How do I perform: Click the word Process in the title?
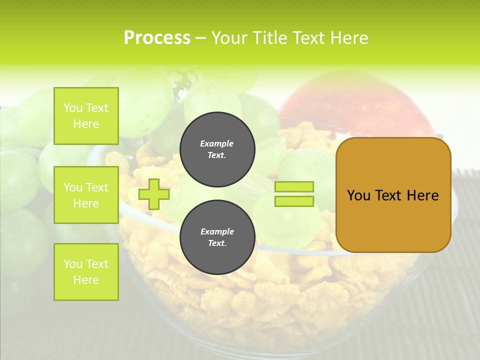point(157,38)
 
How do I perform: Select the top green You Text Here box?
point(86,116)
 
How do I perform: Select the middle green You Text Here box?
point(86,195)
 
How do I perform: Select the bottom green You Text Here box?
point(86,271)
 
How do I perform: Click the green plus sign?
point(153,194)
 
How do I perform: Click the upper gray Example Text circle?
point(217,149)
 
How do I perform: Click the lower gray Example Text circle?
point(217,237)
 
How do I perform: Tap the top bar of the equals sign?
point(294,187)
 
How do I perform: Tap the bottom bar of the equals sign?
point(294,201)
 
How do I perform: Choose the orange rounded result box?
point(393,195)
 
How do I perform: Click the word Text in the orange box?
point(388,195)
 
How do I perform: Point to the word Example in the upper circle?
point(217,143)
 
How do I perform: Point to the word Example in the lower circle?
point(217,231)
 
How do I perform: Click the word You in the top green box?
point(73,108)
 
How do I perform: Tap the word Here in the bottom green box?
point(86,280)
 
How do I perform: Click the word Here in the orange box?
point(423,195)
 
